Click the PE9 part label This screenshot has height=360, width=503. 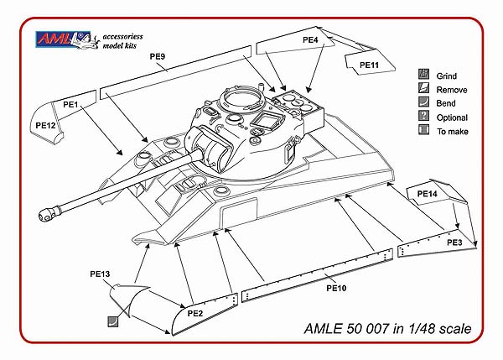click(x=158, y=56)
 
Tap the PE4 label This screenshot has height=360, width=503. click(x=310, y=39)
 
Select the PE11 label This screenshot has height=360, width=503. click(x=369, y=65)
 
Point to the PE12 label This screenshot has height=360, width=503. click(x=45, y=126)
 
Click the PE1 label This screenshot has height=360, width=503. click(x=70, y=105)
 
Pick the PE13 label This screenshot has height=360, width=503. click(x=100, y=274)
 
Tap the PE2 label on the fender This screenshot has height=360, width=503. click(x=195, y=313)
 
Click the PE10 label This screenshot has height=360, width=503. click(x=336, y=288)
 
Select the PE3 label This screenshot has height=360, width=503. click(x=454, y=243)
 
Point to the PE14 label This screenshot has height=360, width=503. click(x=427, y=194)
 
